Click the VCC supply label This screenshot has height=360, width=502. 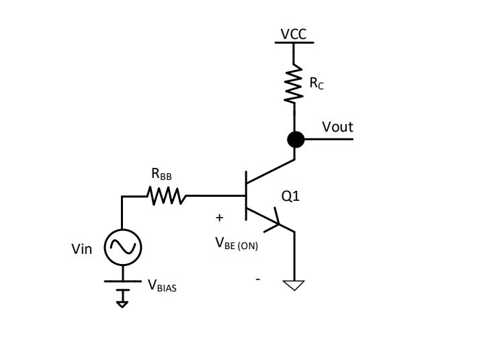click(x=294, y=34)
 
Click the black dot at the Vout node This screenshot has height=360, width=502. click(x=295, y=139)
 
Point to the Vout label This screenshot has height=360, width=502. click(x=337, y=127)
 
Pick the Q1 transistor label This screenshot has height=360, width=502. click(x=290, y=197)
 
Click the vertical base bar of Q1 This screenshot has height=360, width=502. click(x=246, y=196)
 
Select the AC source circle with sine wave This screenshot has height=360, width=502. click(x=122, y=248)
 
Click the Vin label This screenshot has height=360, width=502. click(x=81, y=249)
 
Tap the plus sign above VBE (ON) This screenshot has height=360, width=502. click(x=219, y=218)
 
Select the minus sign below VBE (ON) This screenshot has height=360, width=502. click(x=257, y=277)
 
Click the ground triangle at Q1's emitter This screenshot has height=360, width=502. click(x=294, y=285)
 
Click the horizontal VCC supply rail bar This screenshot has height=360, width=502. click(x=294, y=43)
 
